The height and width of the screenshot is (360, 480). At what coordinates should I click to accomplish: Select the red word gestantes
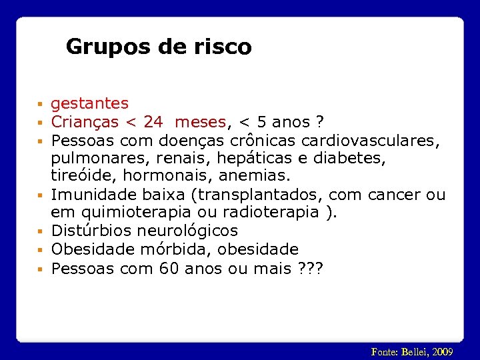[x=89, y=103]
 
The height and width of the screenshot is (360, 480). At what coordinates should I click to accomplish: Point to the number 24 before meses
[x=153, y=122]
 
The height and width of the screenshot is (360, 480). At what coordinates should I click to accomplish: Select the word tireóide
[x=76, y=177]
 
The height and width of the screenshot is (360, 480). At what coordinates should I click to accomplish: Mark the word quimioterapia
[x=140, y=213]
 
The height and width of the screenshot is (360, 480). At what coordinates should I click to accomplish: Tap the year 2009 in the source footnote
[x=442, y=351]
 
